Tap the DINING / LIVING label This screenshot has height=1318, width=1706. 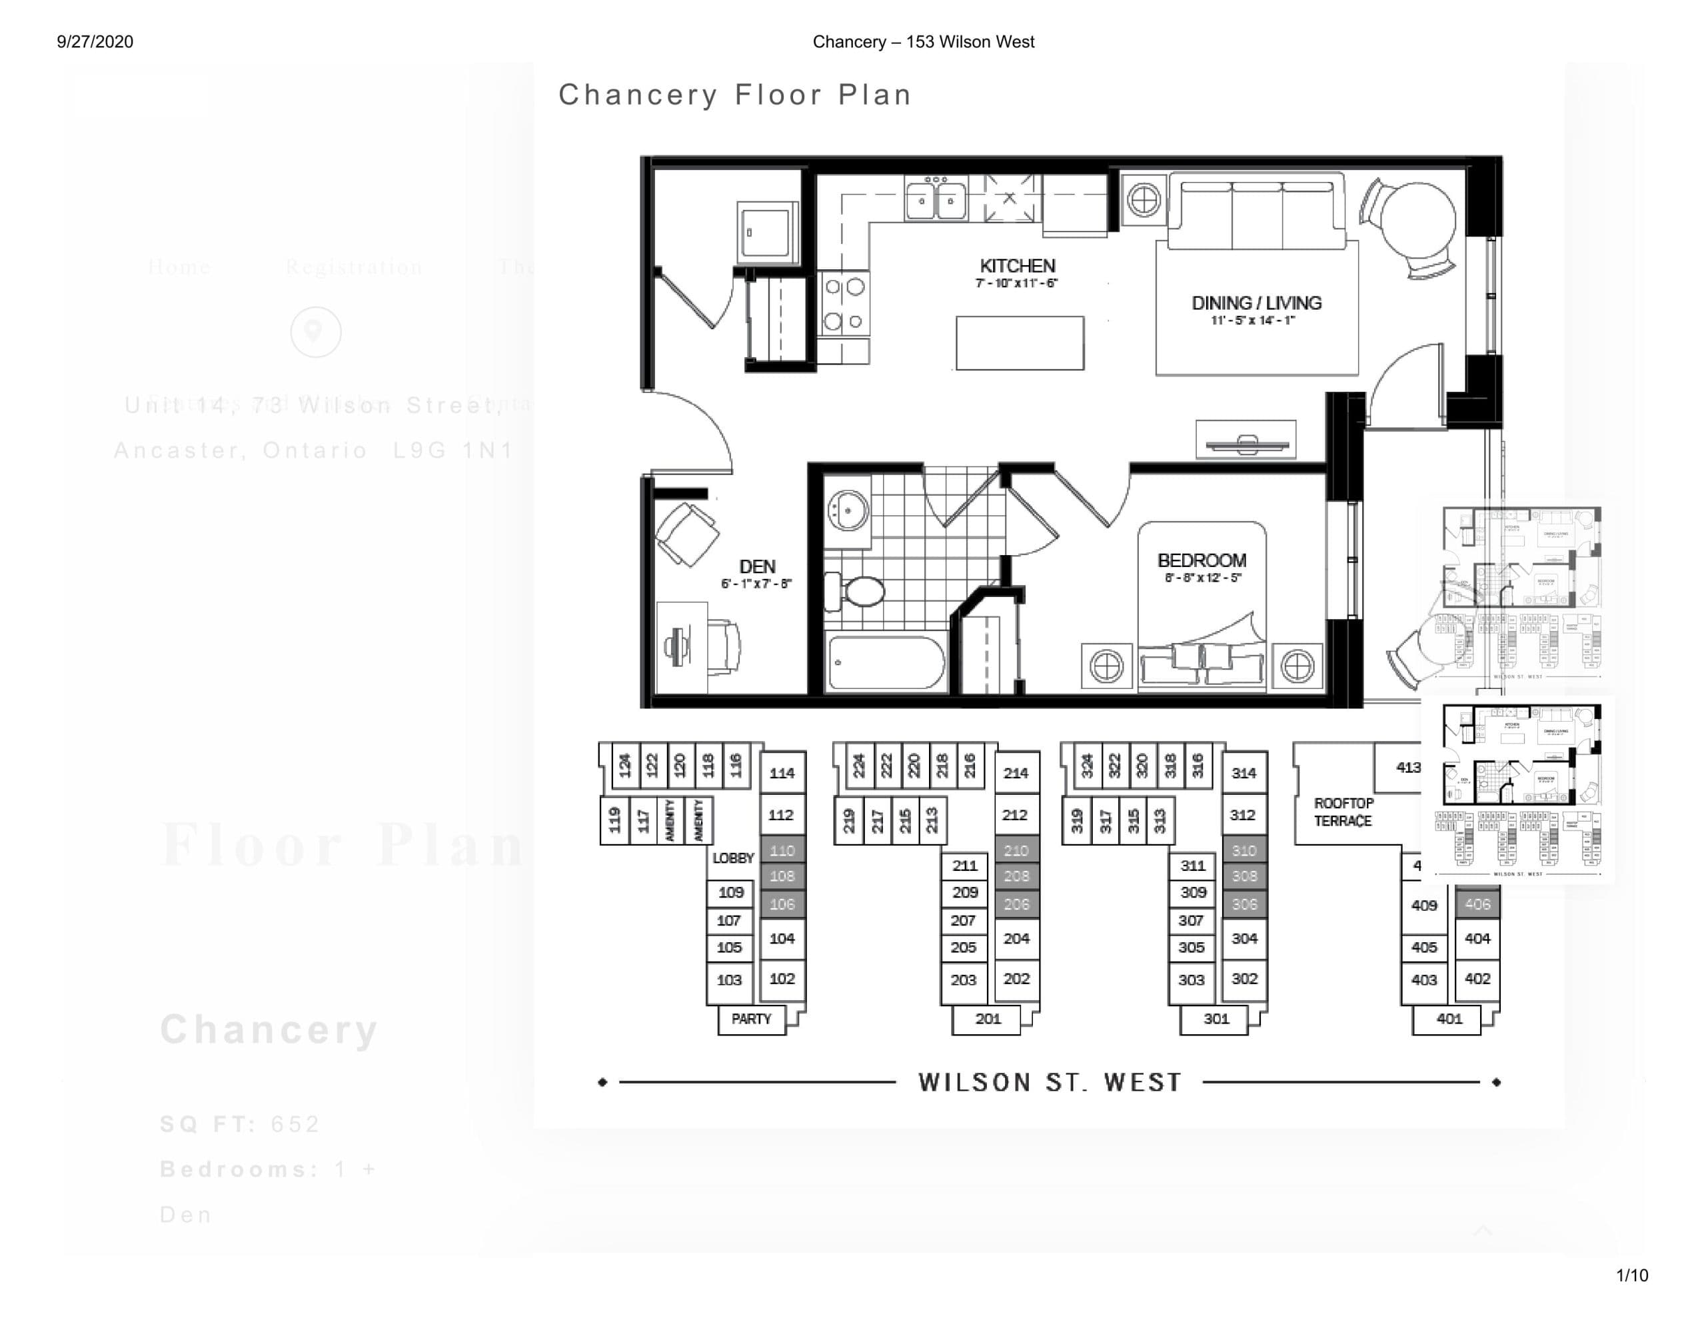(1256, 304)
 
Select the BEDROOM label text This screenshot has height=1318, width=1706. (1202, 561)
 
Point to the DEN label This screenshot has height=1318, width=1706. (757, 567)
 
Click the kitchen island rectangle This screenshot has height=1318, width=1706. (1020, 343)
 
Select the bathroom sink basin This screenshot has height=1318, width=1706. (848, 511)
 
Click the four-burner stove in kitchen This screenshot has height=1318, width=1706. (844, 304)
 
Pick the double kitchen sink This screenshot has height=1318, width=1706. (935, 200)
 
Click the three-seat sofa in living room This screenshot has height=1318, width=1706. (1256, 211)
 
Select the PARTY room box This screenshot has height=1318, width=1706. (750, 1019)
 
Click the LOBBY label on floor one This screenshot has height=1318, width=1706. (732, 858)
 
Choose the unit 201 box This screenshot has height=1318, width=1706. (988, 1019)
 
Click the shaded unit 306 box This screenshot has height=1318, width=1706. (1244, 905)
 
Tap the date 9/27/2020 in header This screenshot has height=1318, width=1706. (95, 42)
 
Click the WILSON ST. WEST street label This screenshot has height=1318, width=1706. (1049, 1083)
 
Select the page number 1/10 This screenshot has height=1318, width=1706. (1632, 1276)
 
